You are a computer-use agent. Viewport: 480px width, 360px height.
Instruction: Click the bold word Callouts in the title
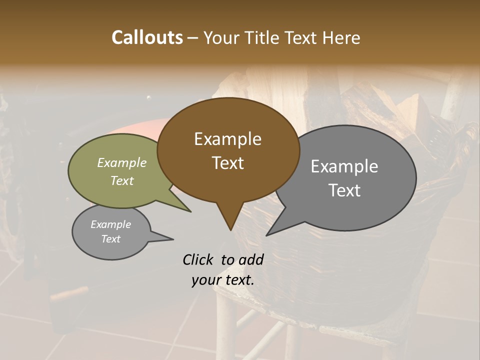point(147,38)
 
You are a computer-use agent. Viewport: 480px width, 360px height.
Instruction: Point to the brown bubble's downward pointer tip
point(230,229)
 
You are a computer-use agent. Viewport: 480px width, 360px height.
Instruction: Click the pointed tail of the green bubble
point(190,211)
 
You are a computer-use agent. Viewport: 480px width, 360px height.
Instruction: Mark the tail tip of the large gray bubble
point(267,235)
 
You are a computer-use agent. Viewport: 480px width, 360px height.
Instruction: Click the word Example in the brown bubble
point(227,139)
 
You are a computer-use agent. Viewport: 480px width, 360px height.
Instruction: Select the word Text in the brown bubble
point(227,163)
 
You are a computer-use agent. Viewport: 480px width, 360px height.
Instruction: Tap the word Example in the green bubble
point(122,163)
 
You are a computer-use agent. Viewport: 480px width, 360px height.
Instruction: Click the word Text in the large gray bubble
point(344,190)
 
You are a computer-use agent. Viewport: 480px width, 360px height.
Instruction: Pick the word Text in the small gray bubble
point(111,239)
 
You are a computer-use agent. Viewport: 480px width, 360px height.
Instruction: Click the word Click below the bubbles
point(199,260)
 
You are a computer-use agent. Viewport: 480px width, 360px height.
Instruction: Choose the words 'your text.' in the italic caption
point(223,280)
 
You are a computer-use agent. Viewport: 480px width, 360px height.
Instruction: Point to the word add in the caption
point(251,260)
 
